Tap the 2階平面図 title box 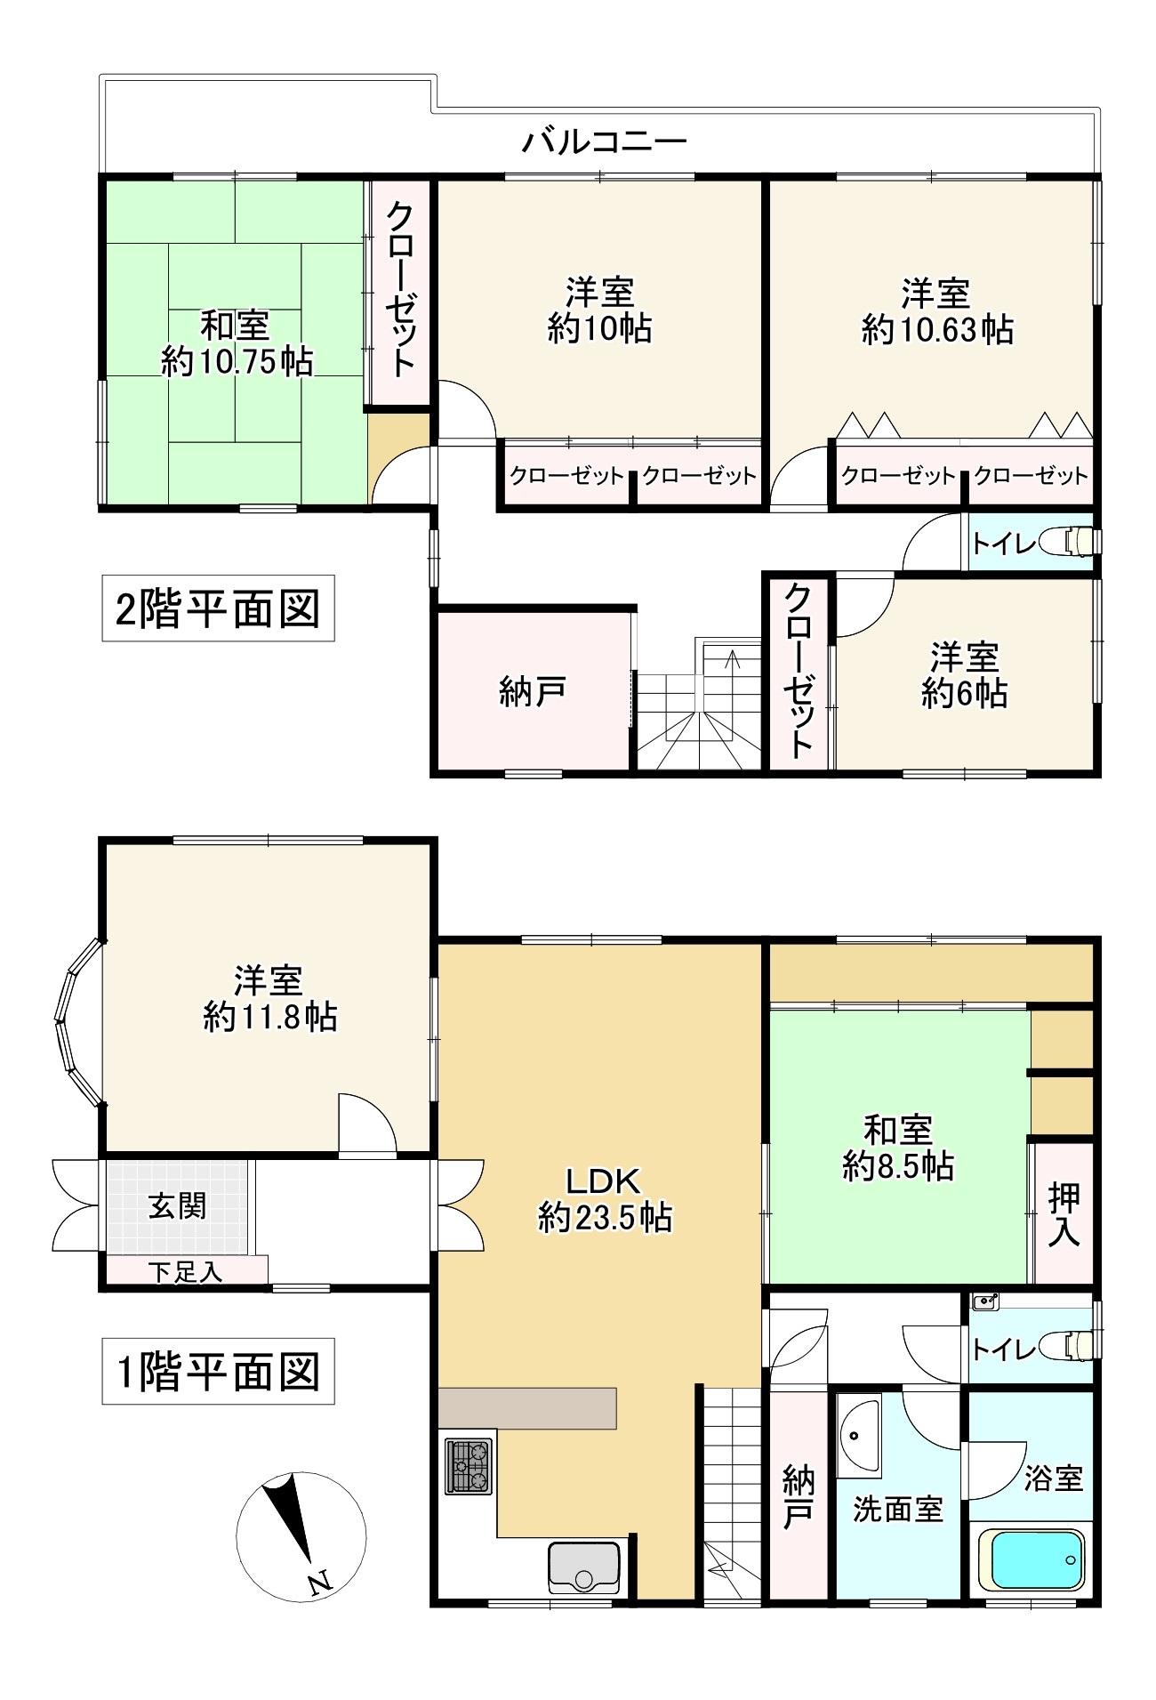[218, 608]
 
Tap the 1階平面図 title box [218, 1371]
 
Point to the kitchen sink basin [584, 1567]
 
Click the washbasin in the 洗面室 [858, 1435]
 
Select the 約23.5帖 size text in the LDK [605, 1217]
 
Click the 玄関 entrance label [178, 1206]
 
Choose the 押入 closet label [1064, 1214]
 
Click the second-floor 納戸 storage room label [532, 691]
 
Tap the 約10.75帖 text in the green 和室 [237, 361]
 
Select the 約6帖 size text [964, 693]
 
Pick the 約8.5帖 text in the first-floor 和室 [898, 1165]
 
